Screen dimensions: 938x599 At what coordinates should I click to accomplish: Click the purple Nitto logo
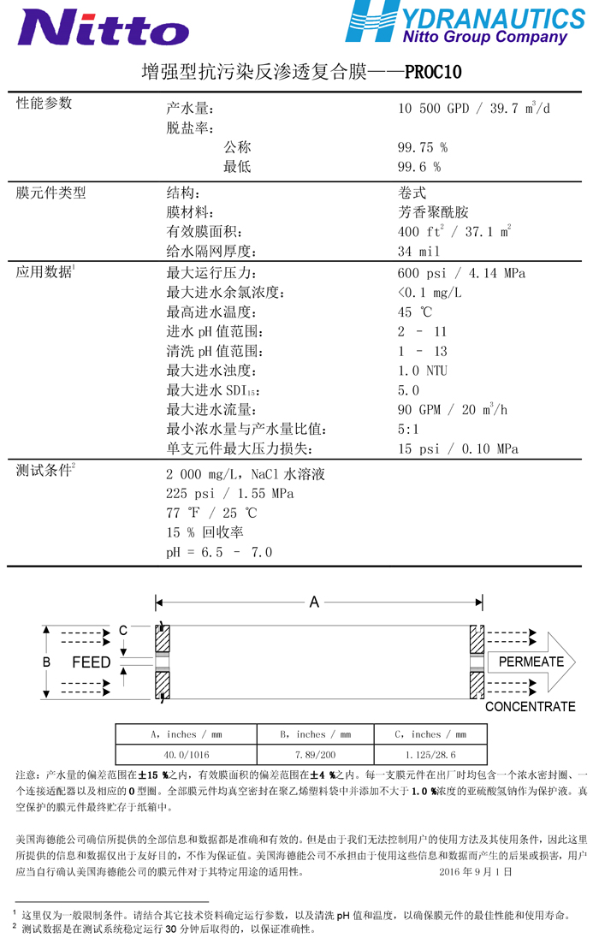[x=104, y=27]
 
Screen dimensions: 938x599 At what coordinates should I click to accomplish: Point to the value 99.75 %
[x=423, y=147]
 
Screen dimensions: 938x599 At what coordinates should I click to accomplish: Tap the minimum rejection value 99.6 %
[x=419, y=167]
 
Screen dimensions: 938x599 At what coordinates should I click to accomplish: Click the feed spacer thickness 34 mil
[x=418, y=252]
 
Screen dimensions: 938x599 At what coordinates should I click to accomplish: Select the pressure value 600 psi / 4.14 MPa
[x=461, y=273]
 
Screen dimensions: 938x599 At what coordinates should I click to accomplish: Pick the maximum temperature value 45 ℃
[x=415, y=312]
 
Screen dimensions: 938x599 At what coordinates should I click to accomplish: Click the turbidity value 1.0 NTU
[x=423, y=371]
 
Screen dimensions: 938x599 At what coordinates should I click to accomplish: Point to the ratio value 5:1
[x=409, y=430]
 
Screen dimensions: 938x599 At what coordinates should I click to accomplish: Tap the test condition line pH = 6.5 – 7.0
[x=219, y=552]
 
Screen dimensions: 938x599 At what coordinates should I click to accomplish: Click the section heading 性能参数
[x=44, y=104]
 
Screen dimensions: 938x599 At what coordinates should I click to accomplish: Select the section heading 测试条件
[x=44, y=470]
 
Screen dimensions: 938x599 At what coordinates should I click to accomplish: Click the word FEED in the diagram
[x=91, y=662]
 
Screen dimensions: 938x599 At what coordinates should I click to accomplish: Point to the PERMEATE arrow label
[x=531, y=662]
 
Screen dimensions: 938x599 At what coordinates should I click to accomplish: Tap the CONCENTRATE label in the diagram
[x=530, y=707]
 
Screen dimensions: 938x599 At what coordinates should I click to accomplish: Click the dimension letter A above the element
[x=314, y=603]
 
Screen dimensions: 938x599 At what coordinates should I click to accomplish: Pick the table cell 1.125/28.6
[x=430, y=755]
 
